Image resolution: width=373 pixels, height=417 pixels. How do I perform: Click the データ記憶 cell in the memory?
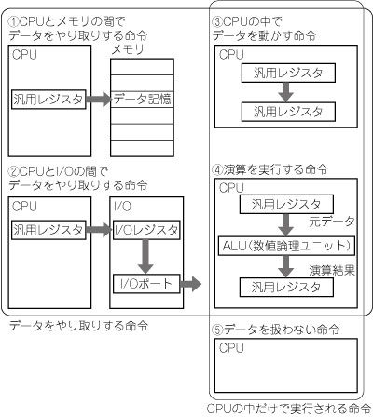pyautogui.click(x=142, y=100)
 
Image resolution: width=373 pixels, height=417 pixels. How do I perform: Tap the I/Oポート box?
pyautogui.click(x=146, y=284)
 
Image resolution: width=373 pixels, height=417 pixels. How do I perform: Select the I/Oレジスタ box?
pyautogui.click(x=146, y=230)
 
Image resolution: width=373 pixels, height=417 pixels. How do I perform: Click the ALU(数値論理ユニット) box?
pyautogui.click(x=286, y=246)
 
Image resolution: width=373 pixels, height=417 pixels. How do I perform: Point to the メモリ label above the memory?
pyautogui.click(x=128, y=49)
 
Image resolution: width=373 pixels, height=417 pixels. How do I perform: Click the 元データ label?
pyautogui.click(x=332, y=222)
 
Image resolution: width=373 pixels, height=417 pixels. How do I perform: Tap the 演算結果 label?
pyautogui.click(x=332, y=271)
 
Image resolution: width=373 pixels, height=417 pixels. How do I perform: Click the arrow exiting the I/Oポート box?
pyautogui.click(x=190, y=284)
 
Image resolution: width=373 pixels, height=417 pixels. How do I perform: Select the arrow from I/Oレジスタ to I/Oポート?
pyautogui.click(x=145, y=257)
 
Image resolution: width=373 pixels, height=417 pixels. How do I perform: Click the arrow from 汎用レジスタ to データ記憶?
pyautogui.click(x=99, y=100)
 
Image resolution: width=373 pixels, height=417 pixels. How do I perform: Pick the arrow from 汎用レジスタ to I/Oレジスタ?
pyautogui.click(x=99, y=230)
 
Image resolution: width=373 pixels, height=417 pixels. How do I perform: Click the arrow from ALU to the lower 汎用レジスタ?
pyautogui.click(x=286, y=266)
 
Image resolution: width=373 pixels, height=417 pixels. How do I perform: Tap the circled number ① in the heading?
pyautogui.click(x=14, y=22)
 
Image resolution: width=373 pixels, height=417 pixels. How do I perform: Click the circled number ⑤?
pyautogui.click(x=217, y=330)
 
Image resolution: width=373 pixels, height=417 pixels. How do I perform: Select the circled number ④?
pyautogui.click(x=217, y=170)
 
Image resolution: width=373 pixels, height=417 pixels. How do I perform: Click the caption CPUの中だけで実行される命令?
pyautogui.click(x=288, y=409)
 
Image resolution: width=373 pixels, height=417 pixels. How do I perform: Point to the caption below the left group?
pyautogui.click(x=78, y=326)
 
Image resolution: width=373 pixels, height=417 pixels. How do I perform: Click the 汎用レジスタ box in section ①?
pyautogui.click(x=48, y=100)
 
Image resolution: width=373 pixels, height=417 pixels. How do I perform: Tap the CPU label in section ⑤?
pyautogui.click(x=231, y=348)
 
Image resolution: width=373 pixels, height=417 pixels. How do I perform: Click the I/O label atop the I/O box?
pyautogui.click(x=123, y=207)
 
